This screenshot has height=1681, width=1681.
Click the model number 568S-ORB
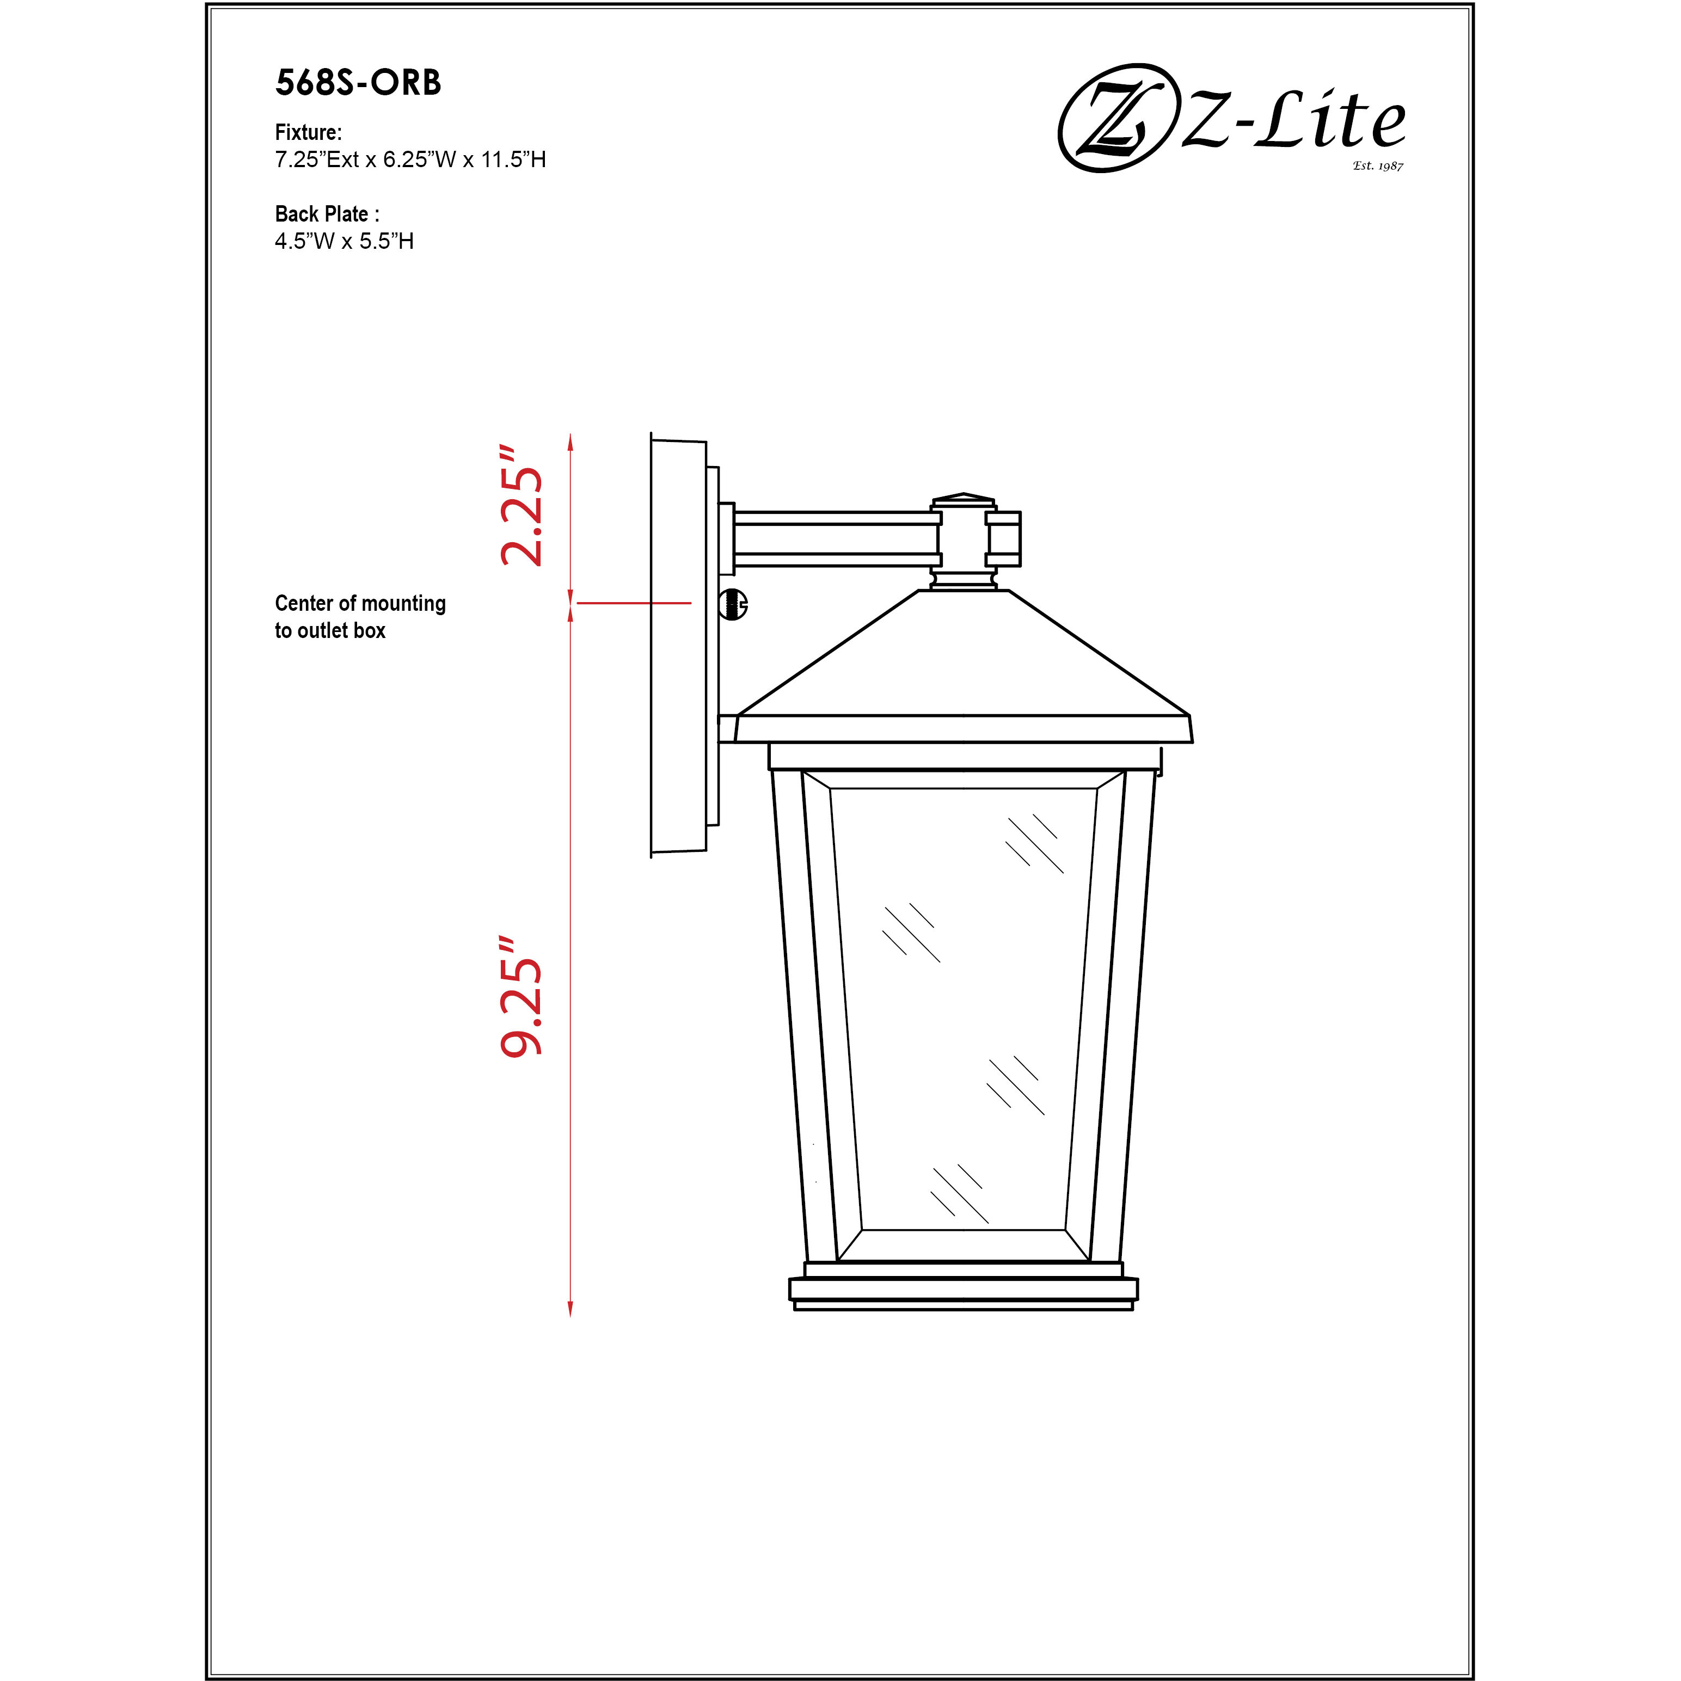(x=358, y=83)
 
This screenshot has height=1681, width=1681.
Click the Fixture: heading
(x=308, y=132)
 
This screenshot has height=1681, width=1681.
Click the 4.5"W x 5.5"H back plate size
(x=343, y=241)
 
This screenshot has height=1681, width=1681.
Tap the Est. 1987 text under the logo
(x=1377, y=165)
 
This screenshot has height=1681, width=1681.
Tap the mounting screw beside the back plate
(x=733, y=604)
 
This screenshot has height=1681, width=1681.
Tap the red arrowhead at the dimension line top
(x=570, y=441)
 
